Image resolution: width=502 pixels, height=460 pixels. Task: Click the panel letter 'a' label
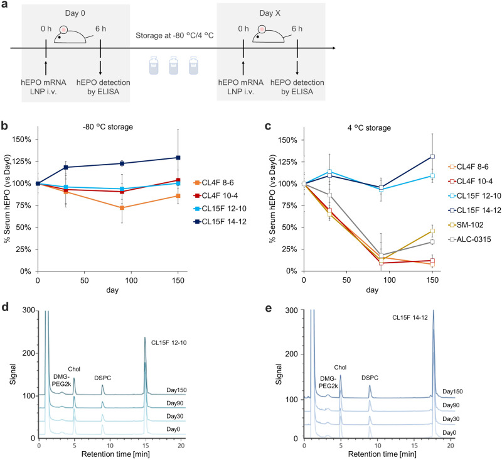pos(5,6)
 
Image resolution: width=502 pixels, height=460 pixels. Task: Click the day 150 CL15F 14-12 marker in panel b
pos(178,158)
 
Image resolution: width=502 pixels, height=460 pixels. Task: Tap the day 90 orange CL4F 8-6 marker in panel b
pos(122,208)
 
